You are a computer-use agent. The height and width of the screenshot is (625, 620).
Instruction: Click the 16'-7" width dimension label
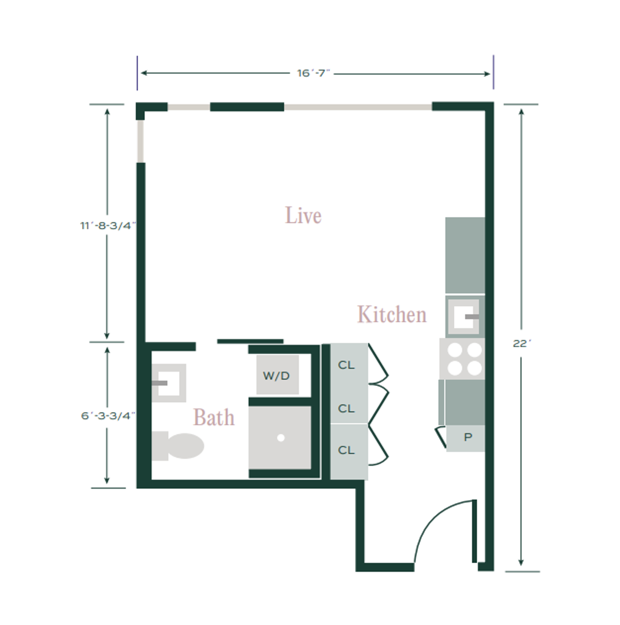314,73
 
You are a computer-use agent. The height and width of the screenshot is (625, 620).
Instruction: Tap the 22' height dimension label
522,343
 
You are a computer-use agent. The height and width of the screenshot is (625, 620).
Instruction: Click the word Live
303,215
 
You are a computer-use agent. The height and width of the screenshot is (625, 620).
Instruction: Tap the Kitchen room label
392,314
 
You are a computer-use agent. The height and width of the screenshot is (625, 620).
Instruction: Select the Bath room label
214,417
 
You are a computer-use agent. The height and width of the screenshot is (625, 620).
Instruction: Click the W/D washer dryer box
277,375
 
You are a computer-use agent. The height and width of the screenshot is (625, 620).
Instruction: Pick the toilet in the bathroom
177,446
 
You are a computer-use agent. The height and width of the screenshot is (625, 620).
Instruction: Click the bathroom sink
169,383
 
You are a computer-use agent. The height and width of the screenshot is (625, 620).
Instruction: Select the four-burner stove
462,359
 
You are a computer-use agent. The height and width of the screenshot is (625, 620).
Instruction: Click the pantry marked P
466,438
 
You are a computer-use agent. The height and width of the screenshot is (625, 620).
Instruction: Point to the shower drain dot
281,437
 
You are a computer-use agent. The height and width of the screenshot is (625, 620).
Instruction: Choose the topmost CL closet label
346,365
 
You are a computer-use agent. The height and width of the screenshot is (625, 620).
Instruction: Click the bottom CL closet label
346,450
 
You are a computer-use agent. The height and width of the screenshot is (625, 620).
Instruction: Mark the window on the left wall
140,141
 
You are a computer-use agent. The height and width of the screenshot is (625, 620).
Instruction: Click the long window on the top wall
358,107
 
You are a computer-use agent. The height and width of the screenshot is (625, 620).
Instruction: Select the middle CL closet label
346,409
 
